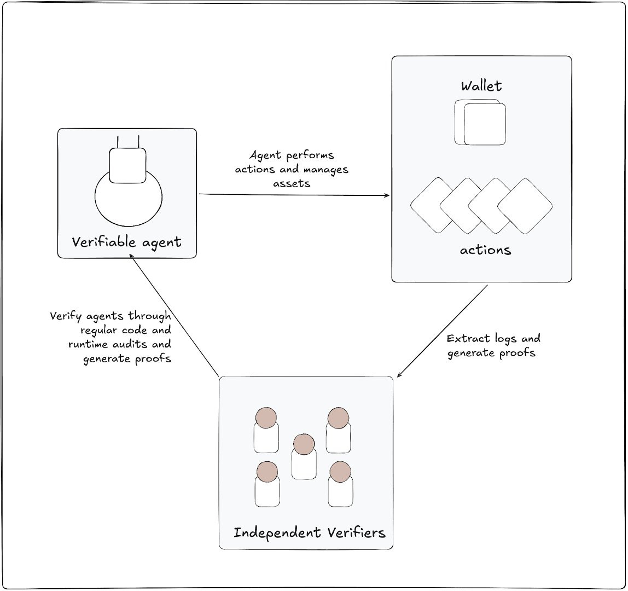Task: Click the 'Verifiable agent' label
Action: (x=127, y=241)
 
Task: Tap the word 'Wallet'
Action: (x=481, y=86)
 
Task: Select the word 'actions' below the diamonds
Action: (x=485, y=251)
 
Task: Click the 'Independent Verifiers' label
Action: (x=309, y=532)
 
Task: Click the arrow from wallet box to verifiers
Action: (x=442, y=331)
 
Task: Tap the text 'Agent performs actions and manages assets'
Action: (x=292, y=170)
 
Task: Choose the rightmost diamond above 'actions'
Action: (x=526, y=205)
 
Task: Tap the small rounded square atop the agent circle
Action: (x=127, y=165)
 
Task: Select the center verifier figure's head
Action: (x=304, y=444)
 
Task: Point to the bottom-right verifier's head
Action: (x=340, y=471)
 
